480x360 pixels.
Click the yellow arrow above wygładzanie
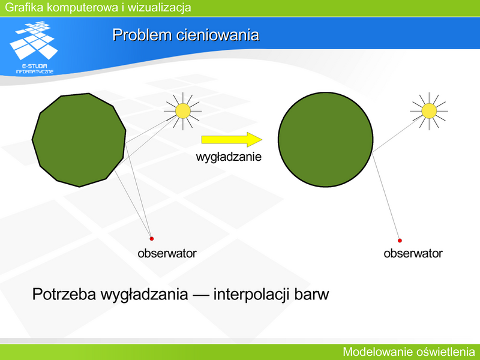(x=232, y=140)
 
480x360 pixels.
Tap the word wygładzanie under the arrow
(x=229, y=157)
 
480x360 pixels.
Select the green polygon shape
(x=79, y=140)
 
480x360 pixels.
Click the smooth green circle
(x=325, y=140)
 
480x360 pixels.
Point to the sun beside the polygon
(x=183, y=111)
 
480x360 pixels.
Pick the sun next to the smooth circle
(x=429, y=111)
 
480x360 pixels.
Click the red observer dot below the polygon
(x=151, y=238)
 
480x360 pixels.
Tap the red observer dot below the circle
(x=400, y=241)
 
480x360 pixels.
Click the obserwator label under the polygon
(x=167, y=253)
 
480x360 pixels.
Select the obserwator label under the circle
(x=413, y=253)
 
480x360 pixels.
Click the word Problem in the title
(x=142, y=35)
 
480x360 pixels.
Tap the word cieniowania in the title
(x=218, y=35)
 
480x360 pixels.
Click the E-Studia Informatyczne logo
(x=34, y=47)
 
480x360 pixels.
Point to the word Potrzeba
(x=64, y=294)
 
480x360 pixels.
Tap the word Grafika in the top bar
(x=25, y=7)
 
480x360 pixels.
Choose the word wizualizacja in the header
(x=159, y=8)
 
